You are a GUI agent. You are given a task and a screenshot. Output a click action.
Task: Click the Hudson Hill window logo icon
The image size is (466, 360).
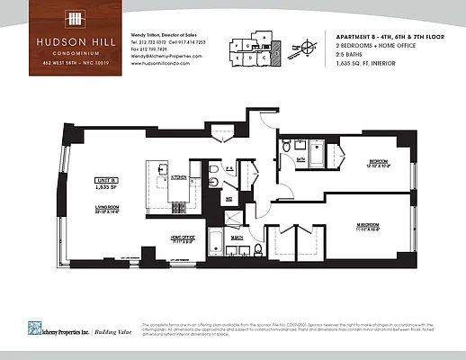tap(77, 20)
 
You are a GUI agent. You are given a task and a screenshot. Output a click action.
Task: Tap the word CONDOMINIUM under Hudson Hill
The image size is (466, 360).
tap(77, 51)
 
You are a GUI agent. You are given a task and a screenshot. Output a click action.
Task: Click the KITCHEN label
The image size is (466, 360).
tap(179, 177)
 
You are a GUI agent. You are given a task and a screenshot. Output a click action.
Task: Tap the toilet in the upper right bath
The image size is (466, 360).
tap(286, 147)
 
